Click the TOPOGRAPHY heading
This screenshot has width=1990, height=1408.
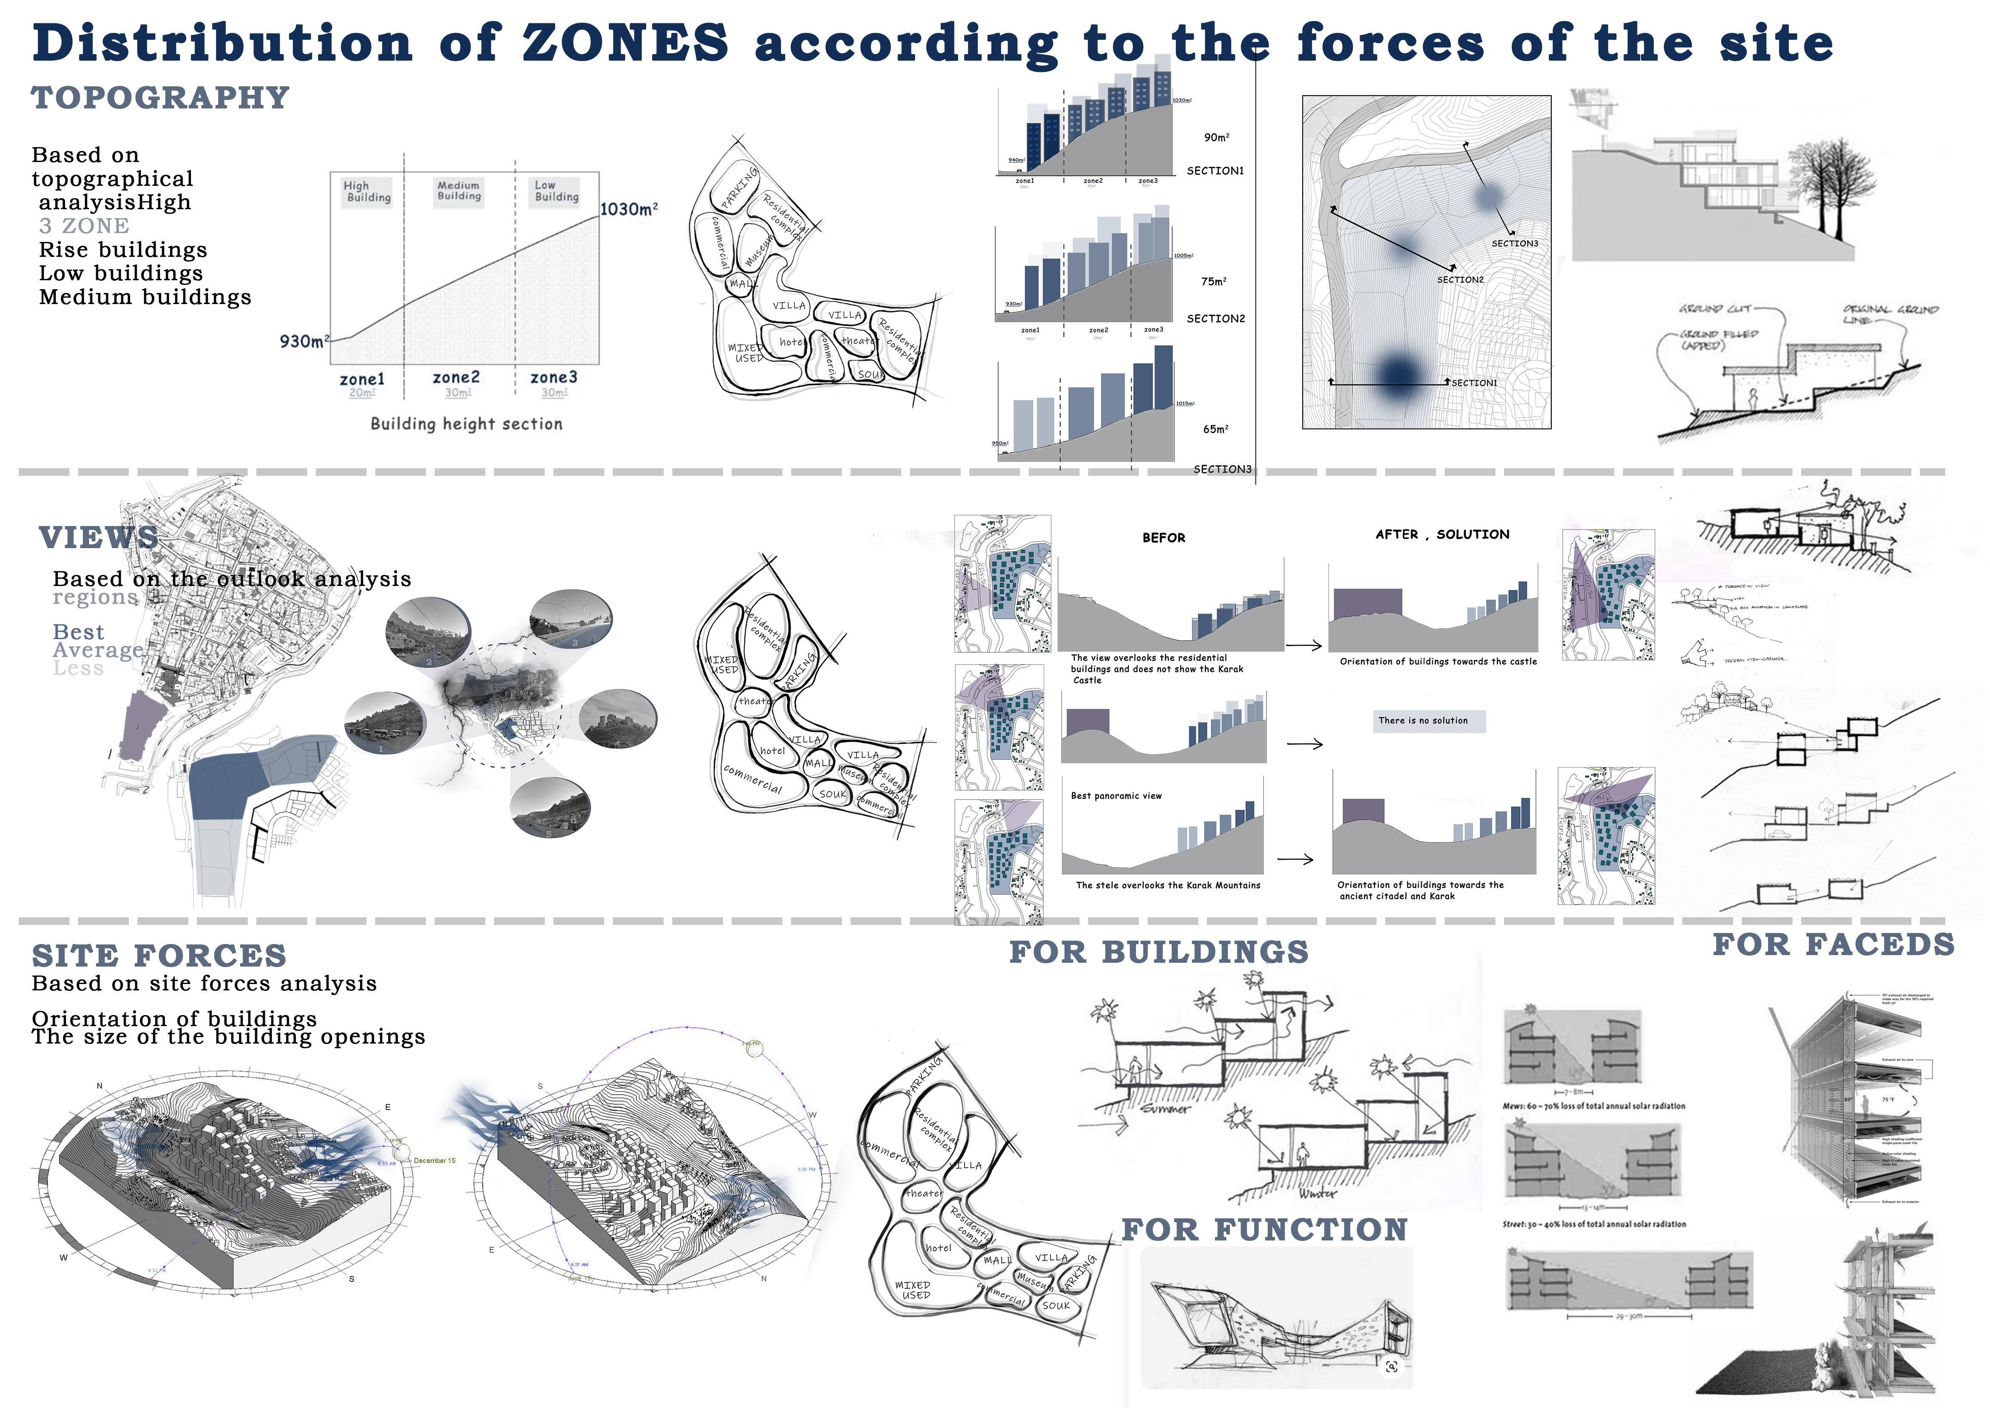click(x=160, y=98)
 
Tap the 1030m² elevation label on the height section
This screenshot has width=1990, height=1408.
click(x=628, y=209)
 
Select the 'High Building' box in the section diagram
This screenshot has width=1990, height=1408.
click(x=367, y=192)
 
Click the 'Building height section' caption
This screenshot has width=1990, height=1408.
click(x=466, y=424)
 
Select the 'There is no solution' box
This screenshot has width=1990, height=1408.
click(x=1428, y=720)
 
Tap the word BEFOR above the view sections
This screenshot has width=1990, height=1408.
click(x=1163, y=538)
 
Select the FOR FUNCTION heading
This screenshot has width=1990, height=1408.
click(x=1265, y=1229)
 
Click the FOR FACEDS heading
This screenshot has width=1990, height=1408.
click(x=1833, y=944)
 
